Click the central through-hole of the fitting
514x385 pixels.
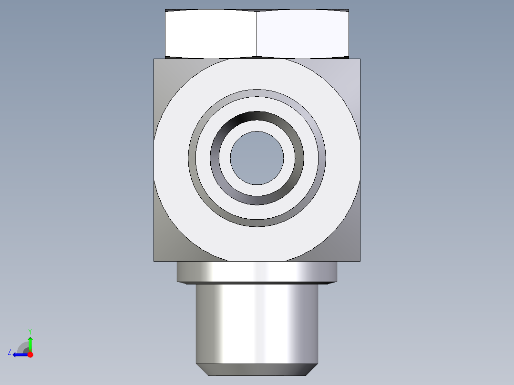point(257,158)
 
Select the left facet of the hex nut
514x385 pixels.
point(211,34)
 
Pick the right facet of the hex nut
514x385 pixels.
point(303,34)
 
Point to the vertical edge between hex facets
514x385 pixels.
point(257,34)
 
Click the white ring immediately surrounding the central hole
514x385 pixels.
point(257,125)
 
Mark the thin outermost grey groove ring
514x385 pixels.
point(257,93)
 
